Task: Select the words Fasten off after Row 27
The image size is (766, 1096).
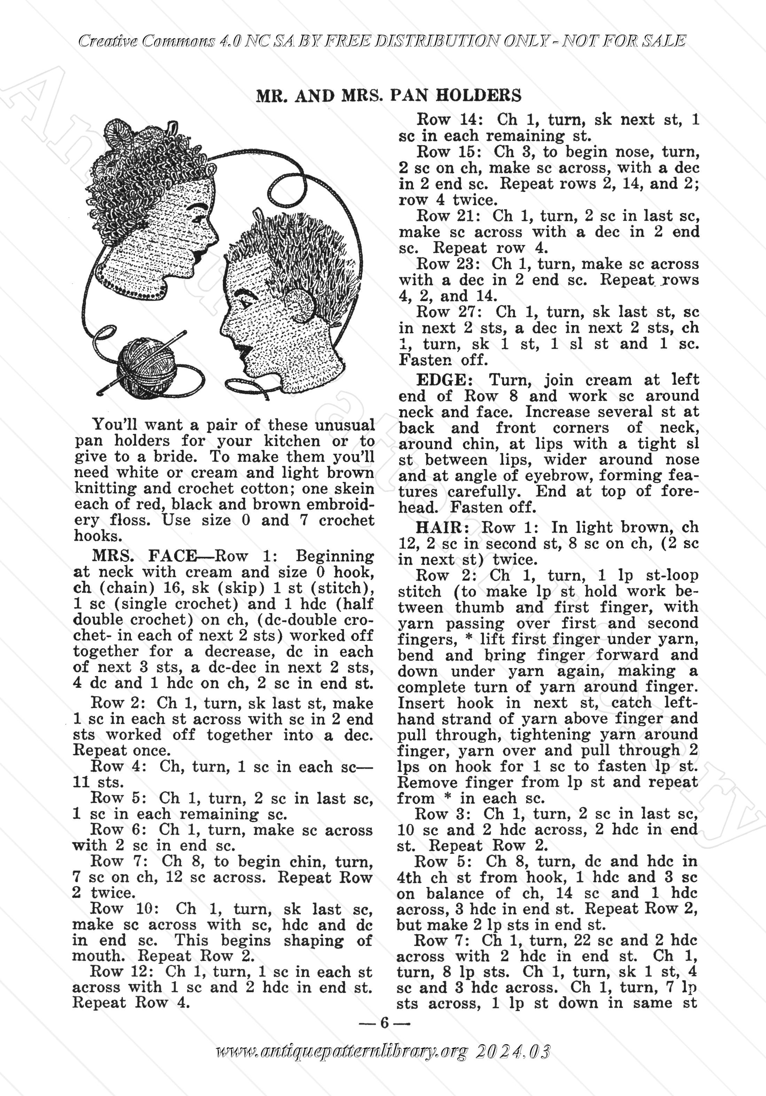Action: [x=438, y=359]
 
